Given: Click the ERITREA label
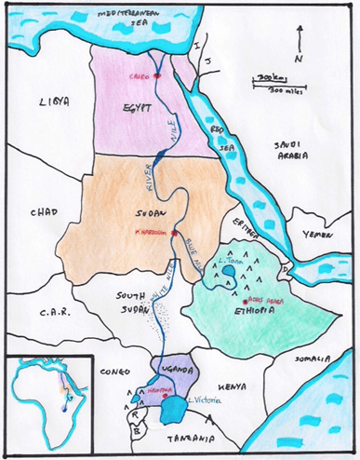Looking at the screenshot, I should point(250,222).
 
